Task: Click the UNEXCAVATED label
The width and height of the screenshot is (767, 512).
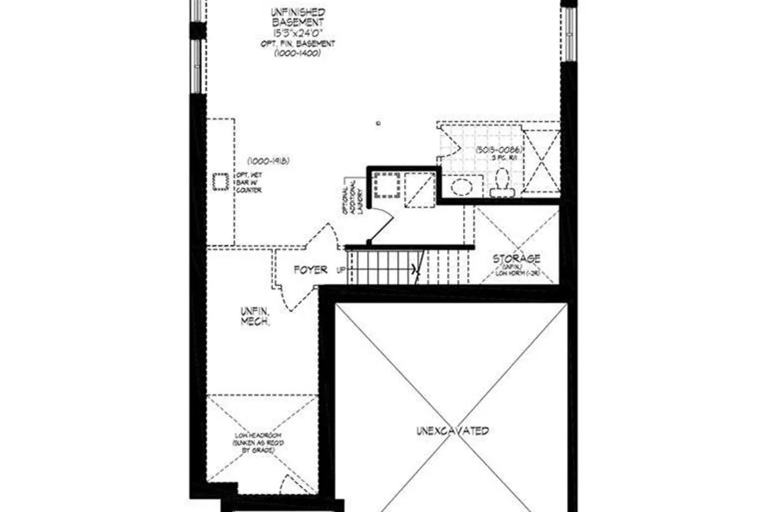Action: coord(453,431)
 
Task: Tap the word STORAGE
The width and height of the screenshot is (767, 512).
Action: coord(516,259)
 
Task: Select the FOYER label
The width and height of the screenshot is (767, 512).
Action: coord(310,269)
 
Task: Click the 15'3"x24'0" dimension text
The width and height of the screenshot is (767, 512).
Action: coord(298,33)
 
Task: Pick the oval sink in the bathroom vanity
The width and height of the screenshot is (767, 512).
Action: coord(463,187)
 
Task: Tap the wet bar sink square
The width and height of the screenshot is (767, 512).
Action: coord(221,182)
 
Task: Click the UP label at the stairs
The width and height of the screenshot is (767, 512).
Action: coord(341,270)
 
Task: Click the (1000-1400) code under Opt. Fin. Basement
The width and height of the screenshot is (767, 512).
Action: coord(298,53)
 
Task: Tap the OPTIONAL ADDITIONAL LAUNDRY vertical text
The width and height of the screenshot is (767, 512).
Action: coord(356,196)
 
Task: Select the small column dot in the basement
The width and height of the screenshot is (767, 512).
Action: coord(377,123)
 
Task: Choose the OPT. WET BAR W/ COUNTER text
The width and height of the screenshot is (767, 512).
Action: coord(249,183)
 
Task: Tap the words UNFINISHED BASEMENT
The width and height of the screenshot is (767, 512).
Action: coord(298,17)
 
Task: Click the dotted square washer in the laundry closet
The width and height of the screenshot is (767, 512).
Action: coord(386,186)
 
